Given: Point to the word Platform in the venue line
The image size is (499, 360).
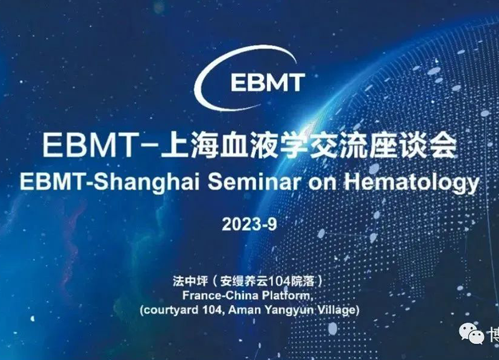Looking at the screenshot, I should (x=281, y=294).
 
